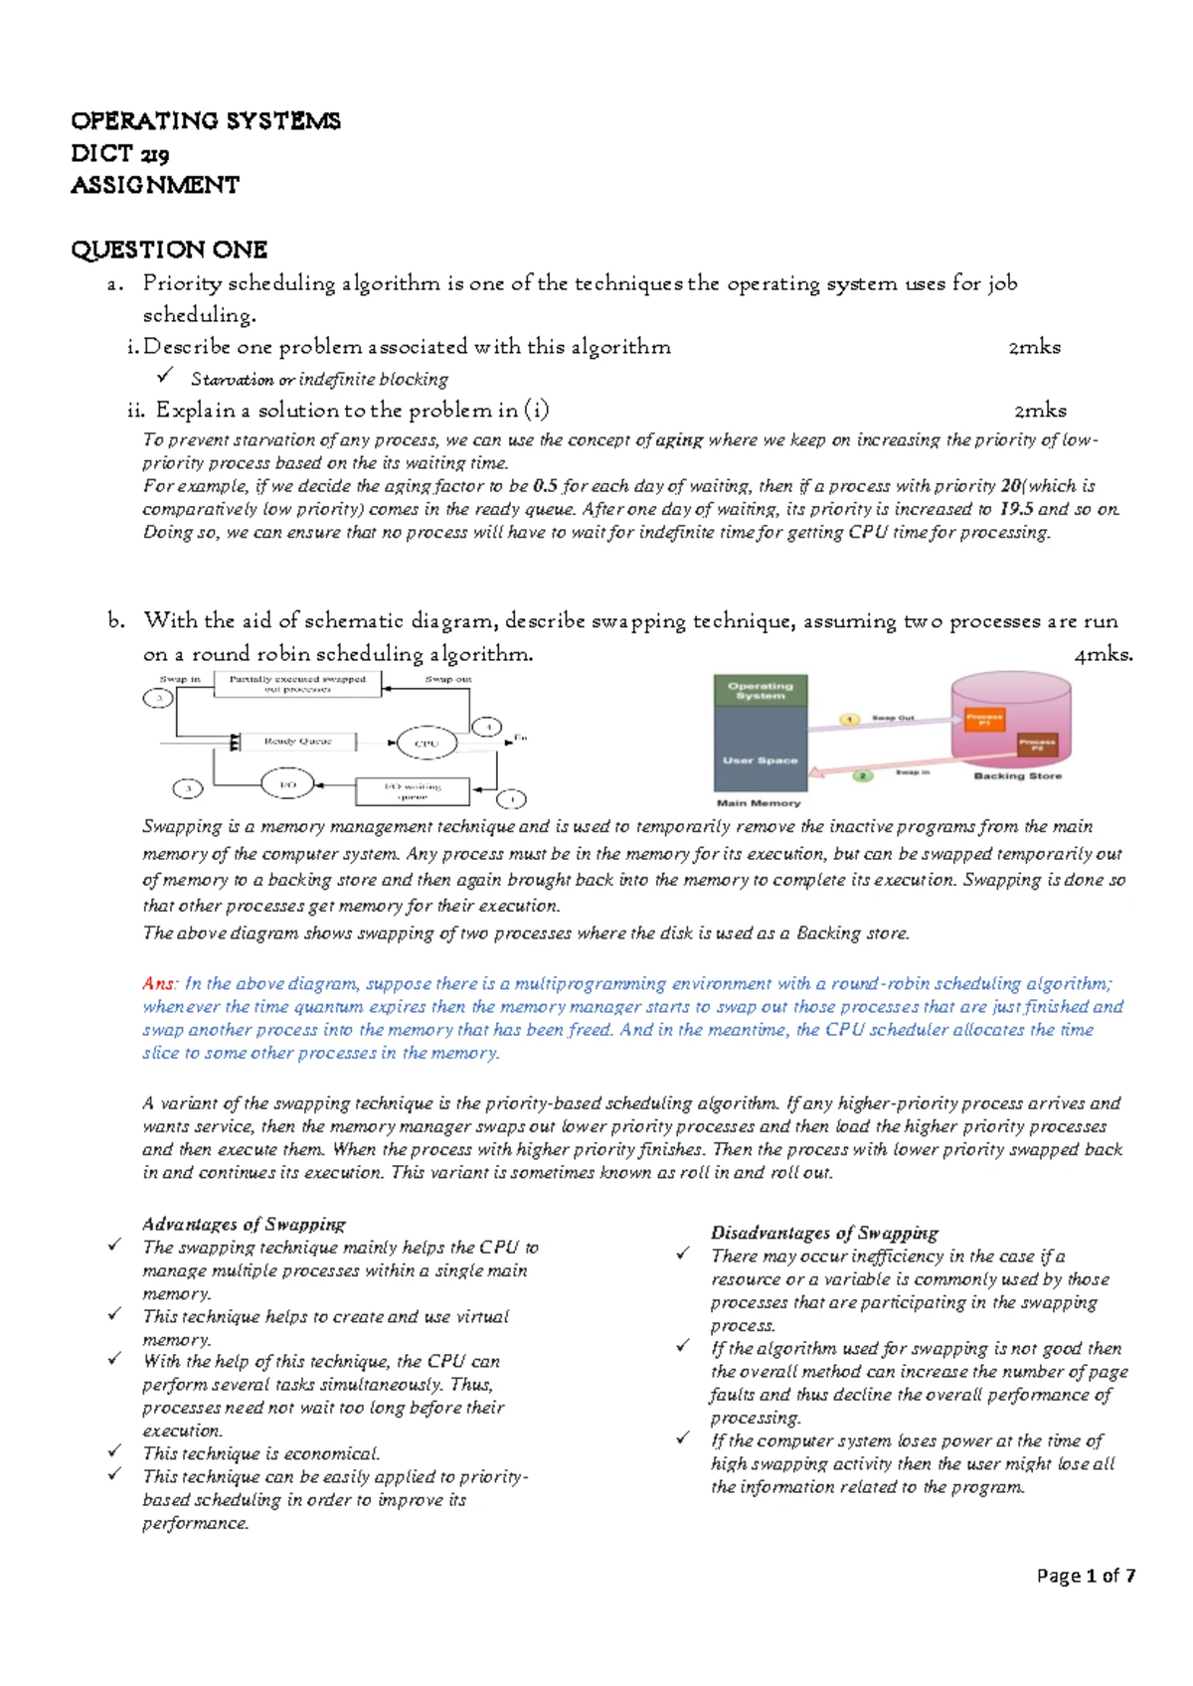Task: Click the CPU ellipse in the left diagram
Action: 426,743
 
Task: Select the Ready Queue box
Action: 297,742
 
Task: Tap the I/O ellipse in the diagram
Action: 287,784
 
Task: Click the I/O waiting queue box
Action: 412,790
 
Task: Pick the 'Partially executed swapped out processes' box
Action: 297,684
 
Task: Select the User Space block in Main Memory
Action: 761,760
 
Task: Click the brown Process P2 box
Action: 1036,745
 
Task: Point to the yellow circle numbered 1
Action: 850,719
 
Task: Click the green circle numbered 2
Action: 863,775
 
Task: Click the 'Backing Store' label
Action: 1017,775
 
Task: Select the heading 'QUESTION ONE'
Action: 169,250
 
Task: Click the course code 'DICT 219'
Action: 119,154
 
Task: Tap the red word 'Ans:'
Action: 159,983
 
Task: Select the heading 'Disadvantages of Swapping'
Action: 823,1233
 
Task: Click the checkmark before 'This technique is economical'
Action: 115,1452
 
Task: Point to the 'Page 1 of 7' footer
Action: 1086,1576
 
